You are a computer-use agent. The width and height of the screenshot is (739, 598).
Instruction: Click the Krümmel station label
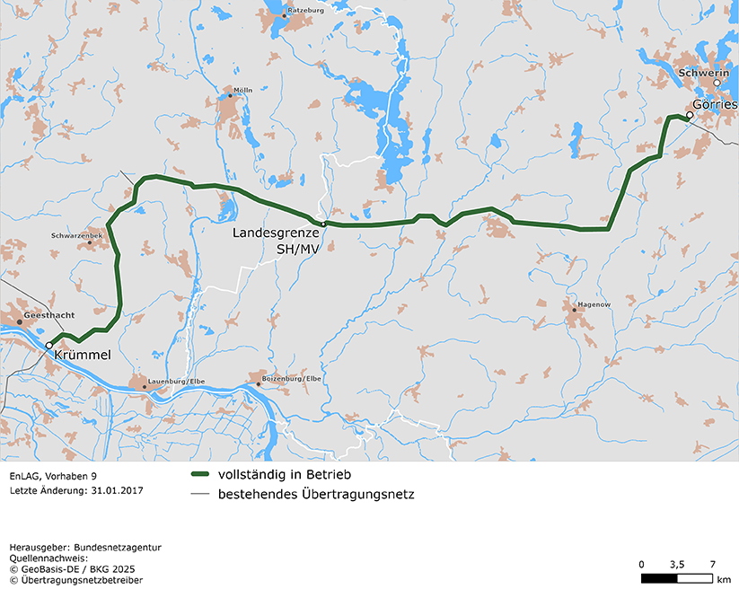point(82,356)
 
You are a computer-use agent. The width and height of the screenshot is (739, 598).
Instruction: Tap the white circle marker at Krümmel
point(49,345)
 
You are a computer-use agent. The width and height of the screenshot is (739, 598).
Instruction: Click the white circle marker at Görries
point(690,115)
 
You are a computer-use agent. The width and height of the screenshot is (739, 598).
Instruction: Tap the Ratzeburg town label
point(305,10)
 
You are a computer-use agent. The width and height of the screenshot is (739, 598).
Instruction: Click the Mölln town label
point(242,90)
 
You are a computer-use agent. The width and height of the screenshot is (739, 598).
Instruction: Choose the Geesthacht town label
point(50,315)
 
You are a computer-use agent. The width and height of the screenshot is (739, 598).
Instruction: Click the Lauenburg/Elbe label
point(177,382)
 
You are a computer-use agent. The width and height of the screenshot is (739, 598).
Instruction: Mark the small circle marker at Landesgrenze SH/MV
point(323,223)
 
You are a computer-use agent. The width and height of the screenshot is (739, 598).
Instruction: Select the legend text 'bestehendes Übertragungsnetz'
point(316,494)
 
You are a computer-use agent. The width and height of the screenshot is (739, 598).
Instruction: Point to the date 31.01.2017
point(117,491)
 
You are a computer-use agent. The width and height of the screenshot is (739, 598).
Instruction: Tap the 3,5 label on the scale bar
point(677,564)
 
